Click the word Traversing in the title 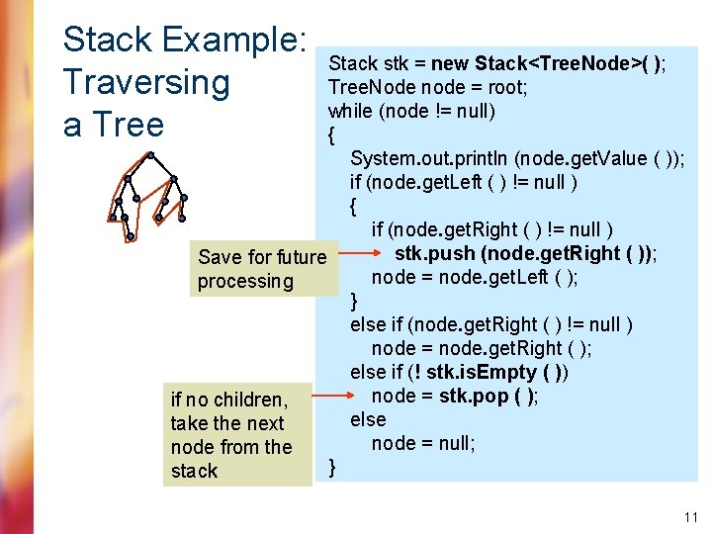coord(145,82)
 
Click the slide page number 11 coord(690,516)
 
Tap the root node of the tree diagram coord(149,154)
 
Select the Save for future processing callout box coord(261,268)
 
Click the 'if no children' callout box coord(236,435)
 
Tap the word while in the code coord(350,111)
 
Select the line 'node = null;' coord(423,443)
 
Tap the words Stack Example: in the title coord(184,40)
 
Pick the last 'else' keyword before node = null coord(368,419)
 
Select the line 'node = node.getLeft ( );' coord(475,278)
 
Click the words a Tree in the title coord(113,126)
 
